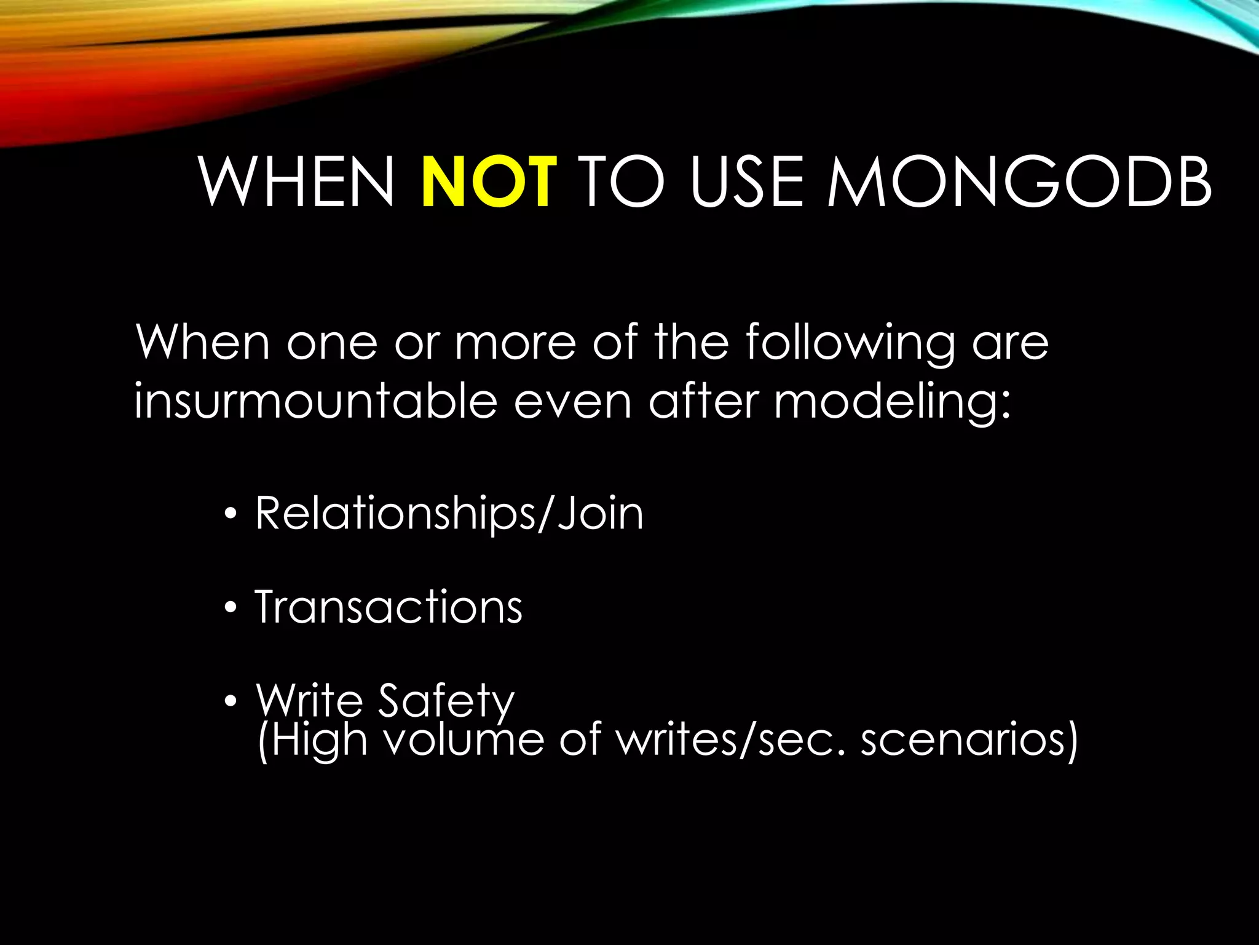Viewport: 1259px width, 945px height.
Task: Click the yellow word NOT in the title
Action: pos(489,182)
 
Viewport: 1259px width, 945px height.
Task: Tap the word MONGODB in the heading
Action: pos(1020,182)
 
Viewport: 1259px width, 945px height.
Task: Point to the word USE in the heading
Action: pos(747,182)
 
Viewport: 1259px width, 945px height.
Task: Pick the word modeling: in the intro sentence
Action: pos(892,401)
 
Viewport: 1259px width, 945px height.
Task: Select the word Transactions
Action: pos(389,607)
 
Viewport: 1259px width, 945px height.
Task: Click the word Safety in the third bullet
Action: pos(446,700)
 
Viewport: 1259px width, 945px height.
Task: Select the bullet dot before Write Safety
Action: pos(230,701)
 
